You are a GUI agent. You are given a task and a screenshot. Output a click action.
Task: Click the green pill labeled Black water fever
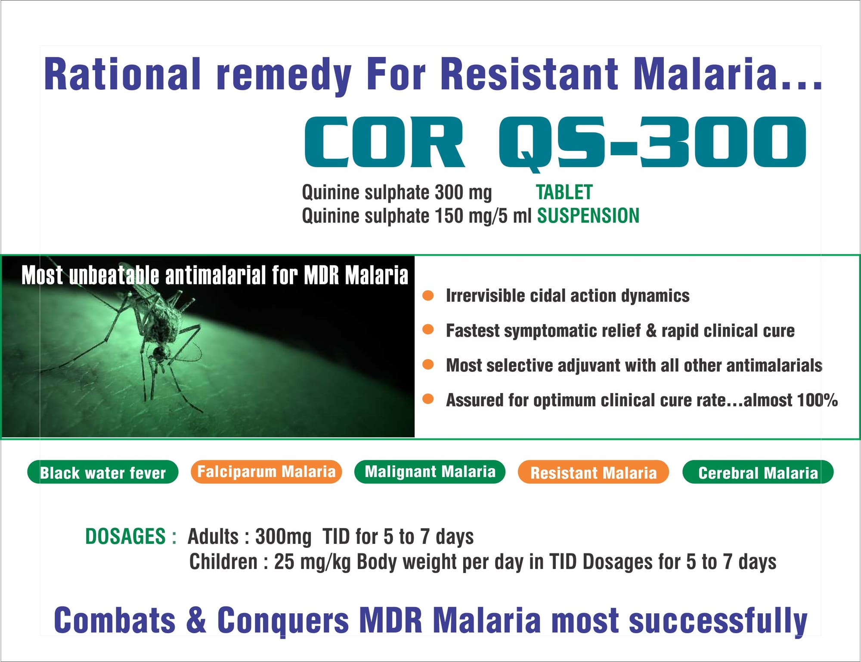102,472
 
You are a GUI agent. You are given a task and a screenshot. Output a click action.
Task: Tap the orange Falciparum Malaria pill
266,472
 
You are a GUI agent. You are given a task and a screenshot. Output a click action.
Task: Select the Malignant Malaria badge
430,472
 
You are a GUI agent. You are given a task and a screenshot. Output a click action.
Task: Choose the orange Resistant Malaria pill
593,472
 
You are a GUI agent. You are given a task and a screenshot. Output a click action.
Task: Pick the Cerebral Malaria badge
758,472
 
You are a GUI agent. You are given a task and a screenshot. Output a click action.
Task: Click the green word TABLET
564,192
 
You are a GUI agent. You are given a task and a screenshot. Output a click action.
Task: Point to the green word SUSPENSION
588,215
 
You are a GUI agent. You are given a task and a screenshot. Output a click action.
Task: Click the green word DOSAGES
125,537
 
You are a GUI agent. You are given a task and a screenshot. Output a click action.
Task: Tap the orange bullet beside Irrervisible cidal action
428,296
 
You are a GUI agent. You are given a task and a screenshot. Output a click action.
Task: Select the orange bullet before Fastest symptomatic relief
428,330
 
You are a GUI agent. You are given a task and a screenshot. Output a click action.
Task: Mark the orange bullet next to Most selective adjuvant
428,365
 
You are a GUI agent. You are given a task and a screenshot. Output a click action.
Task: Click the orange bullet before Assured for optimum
428,399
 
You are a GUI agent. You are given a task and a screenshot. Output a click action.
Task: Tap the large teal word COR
385,142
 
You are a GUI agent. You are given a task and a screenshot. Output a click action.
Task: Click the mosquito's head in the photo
159,353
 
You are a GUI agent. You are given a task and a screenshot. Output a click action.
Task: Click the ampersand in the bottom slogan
196,620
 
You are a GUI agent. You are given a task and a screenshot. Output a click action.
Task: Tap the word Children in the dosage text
223,562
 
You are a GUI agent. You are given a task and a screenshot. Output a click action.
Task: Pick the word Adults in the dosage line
213,537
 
